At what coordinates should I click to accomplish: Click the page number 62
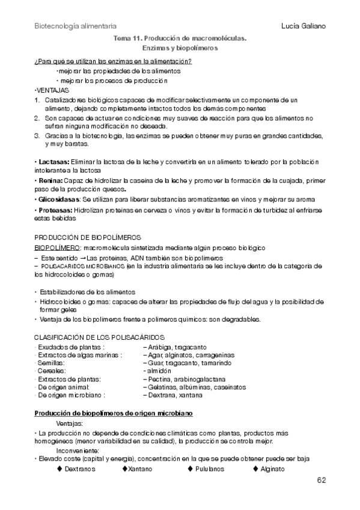point(321,480)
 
